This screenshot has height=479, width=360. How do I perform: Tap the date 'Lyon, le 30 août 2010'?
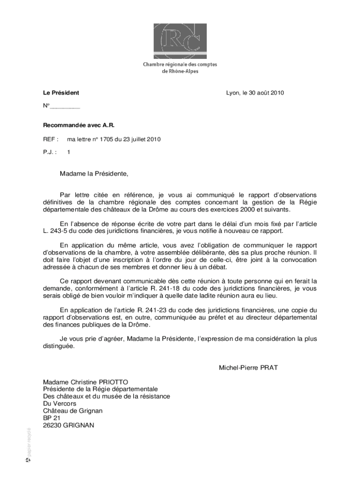[x=255, y=93]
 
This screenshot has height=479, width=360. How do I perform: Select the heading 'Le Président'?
[x=61, y=93]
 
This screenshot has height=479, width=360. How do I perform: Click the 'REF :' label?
[x=50, y=139]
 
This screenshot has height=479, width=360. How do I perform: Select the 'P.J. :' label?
[x=50, y=152]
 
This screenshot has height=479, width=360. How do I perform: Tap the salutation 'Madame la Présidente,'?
[x=94, y=174]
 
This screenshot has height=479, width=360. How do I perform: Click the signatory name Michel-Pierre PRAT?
[x=248, y=368]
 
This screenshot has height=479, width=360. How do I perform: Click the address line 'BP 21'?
[x=52, y=418]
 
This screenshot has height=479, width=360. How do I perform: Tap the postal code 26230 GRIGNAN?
[x=69, y=425]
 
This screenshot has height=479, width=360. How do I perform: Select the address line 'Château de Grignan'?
[x=72, y=411]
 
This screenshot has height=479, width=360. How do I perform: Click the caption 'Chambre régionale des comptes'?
[x=180, y=65]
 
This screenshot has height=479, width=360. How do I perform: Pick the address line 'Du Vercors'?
[x=59, y=403]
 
